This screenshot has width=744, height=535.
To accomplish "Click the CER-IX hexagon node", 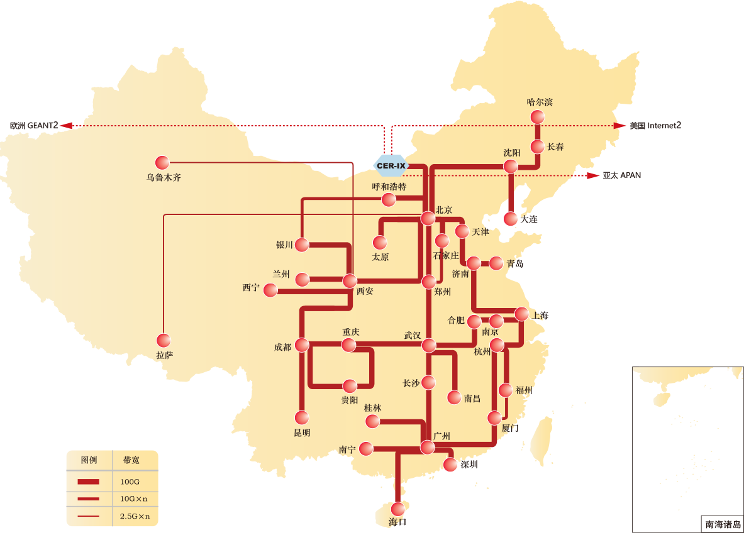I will (x=391, y=166).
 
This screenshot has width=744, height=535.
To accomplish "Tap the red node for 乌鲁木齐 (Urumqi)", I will (x=163, y=162).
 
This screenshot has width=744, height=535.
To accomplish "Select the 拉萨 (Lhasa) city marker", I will (x=164, y=340).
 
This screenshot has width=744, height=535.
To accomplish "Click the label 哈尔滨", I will (x=539, y=102).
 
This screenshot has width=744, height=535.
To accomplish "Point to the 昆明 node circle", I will (x=302, y=417).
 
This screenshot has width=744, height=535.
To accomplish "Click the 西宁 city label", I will (x=251, y=288).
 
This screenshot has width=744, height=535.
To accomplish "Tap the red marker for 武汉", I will (x=428, y=345).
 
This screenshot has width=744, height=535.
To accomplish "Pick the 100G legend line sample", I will (x=89, y=482).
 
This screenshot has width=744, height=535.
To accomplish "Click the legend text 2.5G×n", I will (x=135, y=516).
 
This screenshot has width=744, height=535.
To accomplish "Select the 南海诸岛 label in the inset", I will (x=722, y=524).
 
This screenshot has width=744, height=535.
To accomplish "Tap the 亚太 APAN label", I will (x=621, y=175).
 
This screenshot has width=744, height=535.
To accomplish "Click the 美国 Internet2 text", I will (x=655, y=126).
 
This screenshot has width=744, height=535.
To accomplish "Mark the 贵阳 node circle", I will (x=349, y=385).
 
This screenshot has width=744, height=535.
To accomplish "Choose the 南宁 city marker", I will (x=365, y=448).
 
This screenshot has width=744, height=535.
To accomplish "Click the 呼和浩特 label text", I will (x=389, y=187).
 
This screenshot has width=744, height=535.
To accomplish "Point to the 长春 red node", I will (x=537, y=146).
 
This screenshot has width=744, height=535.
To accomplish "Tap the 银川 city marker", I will (x=302, y=245).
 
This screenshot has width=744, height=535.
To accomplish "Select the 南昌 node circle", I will (x=454, y=397).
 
